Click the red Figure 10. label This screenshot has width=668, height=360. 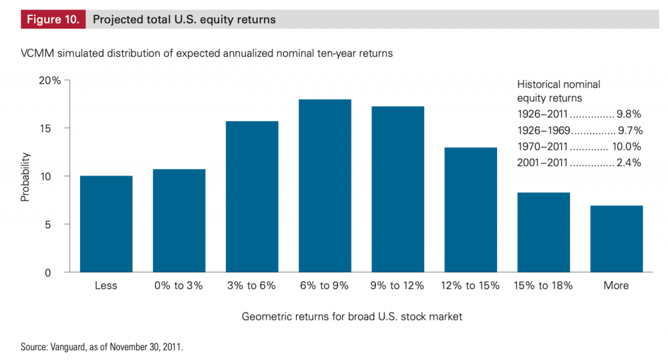(x=52, y=19)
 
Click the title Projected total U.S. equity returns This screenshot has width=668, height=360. (x=184, y=19)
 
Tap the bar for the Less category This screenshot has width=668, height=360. (x=106, y=224)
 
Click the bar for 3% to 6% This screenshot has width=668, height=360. (x=252, y=196)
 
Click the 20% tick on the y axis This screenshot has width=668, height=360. (x=49, y=80)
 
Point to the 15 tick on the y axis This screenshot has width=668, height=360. (x=53, y=128)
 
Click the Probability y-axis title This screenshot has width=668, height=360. (x=25, y=177)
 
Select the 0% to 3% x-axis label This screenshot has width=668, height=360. (x=178, y=285)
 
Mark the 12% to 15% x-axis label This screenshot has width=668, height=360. (x=470, y=285)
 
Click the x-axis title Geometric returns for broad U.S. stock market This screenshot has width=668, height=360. (x=352, y=317)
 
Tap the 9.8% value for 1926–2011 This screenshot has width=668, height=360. (x=629, y=114)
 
